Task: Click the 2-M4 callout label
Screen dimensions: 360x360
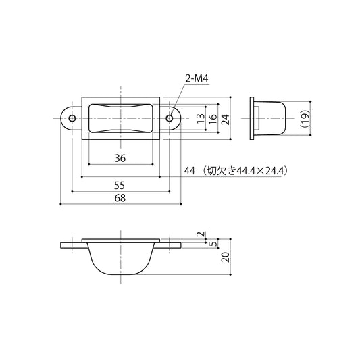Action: tap(197, 79)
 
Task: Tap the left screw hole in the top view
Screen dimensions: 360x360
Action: tap(72, 118)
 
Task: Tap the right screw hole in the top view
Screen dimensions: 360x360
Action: tap(170, 118)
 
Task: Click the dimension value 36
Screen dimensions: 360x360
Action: tap(120, 159)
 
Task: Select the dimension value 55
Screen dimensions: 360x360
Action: tap(120, 186)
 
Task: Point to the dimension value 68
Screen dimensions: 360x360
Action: tap(120, 198)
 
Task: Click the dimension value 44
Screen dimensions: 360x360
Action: tap(190, 171)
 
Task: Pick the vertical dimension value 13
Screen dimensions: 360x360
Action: tap(201, 118)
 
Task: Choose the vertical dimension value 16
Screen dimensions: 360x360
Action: tap(213, 118)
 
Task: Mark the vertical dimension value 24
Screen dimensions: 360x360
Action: tap(226, 120)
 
